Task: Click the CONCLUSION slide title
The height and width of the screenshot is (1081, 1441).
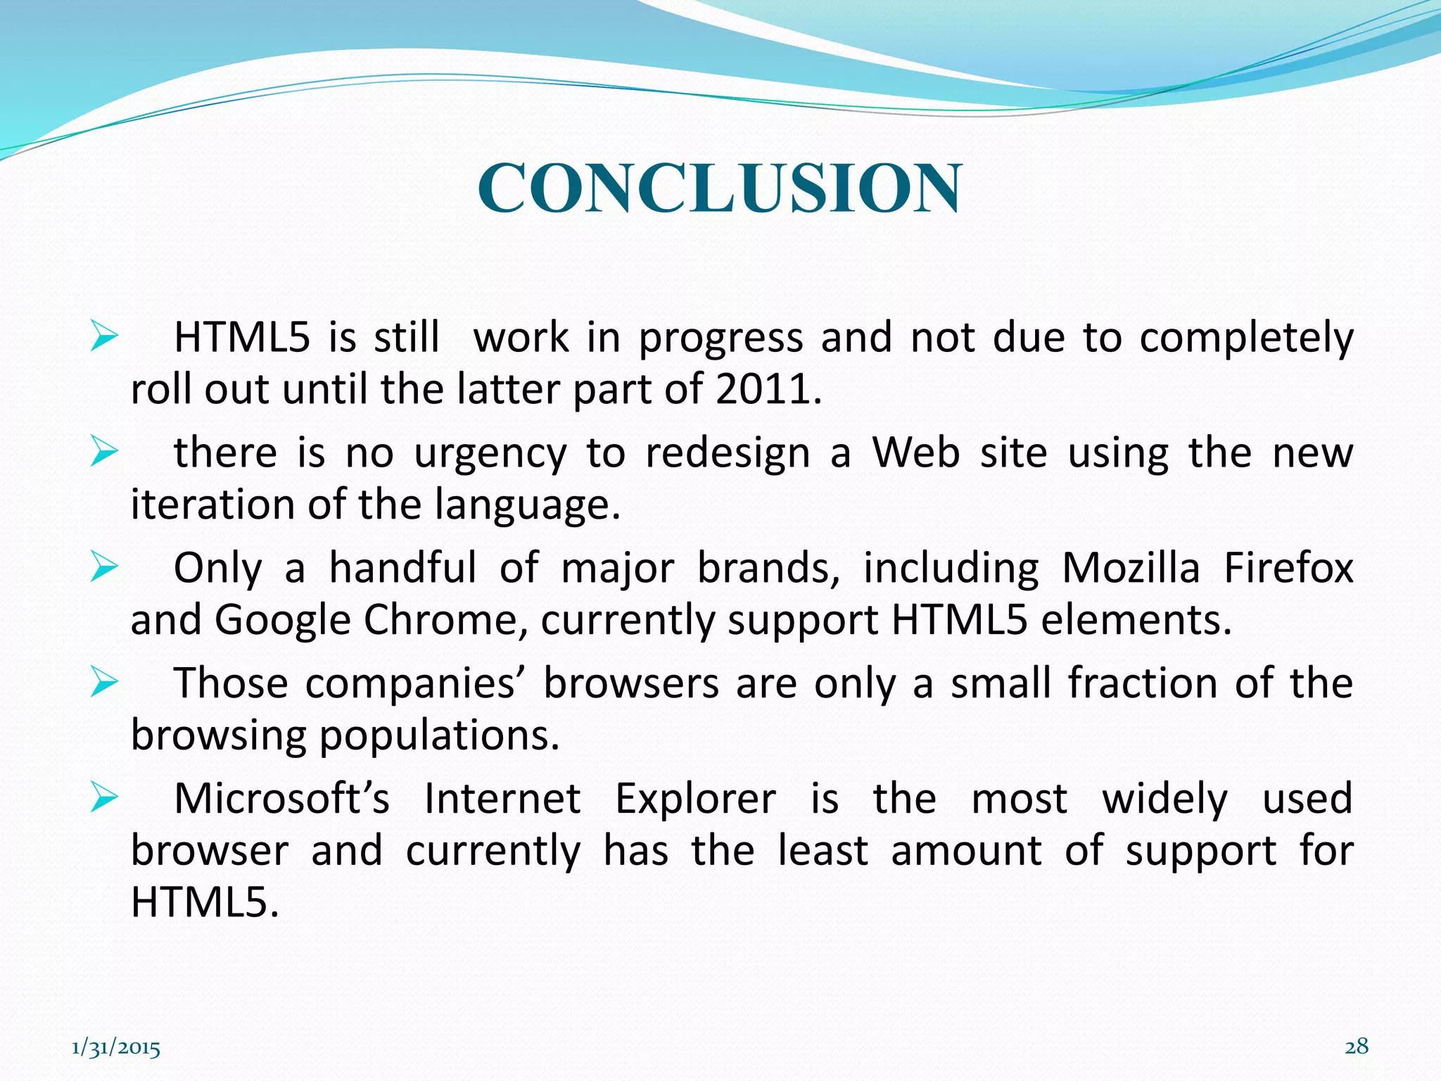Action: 719,188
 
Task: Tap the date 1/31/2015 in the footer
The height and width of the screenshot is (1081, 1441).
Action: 116,1049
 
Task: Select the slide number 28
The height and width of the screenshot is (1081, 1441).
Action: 1357,1047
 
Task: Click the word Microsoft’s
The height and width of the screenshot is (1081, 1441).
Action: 281,799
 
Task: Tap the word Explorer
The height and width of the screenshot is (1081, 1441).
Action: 695,799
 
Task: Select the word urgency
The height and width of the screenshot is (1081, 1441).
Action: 490,454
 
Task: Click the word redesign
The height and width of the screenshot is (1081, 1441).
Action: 728,454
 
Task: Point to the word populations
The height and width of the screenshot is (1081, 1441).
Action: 439,736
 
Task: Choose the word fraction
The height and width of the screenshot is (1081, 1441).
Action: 1142,683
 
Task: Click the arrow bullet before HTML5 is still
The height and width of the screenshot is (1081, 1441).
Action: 103,337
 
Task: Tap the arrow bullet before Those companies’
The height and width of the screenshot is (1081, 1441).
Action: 103,683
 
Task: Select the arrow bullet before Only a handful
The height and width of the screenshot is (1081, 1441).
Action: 103,567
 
